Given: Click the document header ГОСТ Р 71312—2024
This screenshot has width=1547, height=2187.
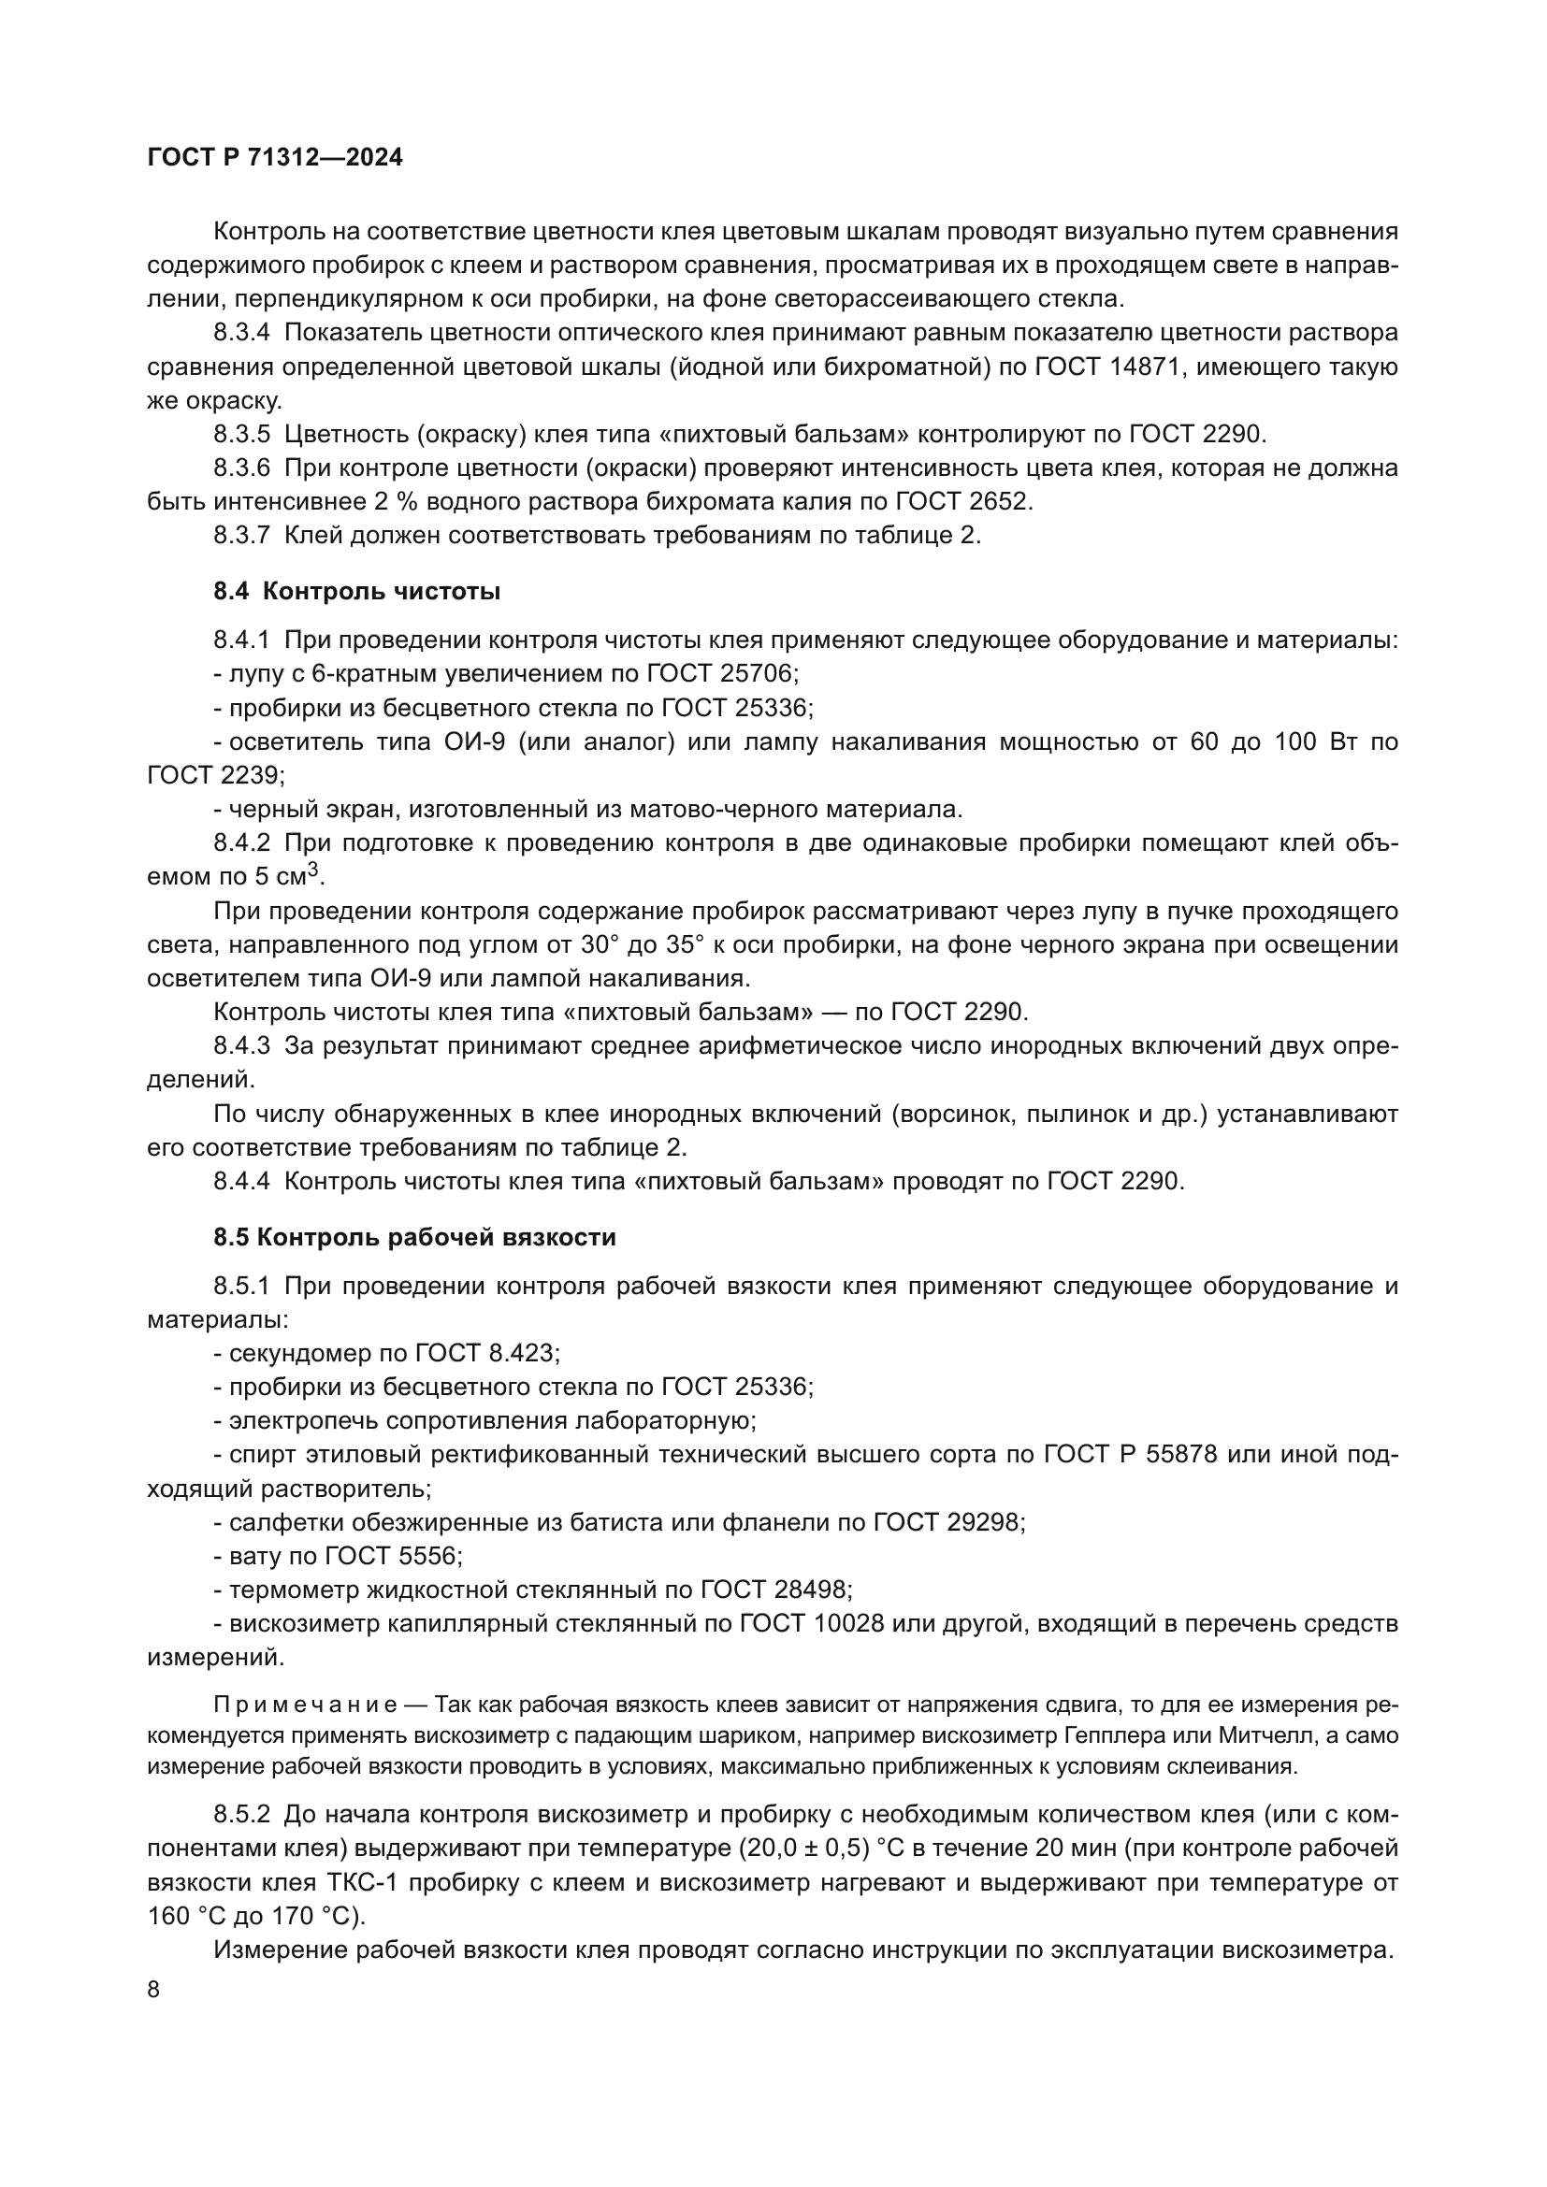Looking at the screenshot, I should [x=275, y=158].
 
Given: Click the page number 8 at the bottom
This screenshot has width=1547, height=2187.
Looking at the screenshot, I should [x=154, y=1990].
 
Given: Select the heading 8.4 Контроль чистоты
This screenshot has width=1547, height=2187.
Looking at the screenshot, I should [x=356, y=592].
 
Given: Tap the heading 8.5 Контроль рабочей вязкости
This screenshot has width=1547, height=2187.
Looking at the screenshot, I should [x=414, y=1237].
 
